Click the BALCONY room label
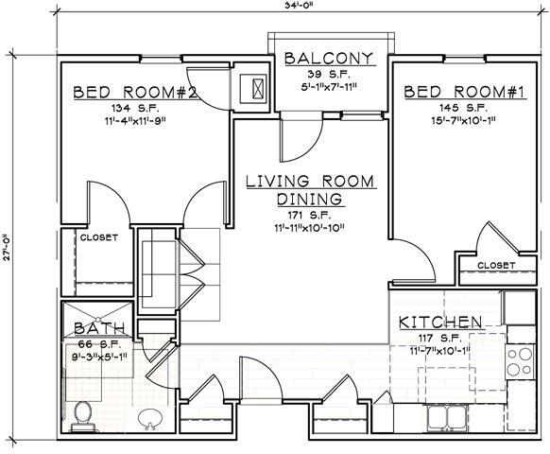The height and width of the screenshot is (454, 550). (330, 59)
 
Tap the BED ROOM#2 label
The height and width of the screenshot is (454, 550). (134, 93)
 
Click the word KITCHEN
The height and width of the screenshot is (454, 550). (441, 322)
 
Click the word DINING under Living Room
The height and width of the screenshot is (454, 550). (310, 200)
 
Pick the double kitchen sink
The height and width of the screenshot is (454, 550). (442, 416)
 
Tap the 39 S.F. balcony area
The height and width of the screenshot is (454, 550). (330, 75)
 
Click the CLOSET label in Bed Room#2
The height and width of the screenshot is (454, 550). (98, 237)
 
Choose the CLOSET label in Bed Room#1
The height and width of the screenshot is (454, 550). (496, 266)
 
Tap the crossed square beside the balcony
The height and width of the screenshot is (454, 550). (254, 86)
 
